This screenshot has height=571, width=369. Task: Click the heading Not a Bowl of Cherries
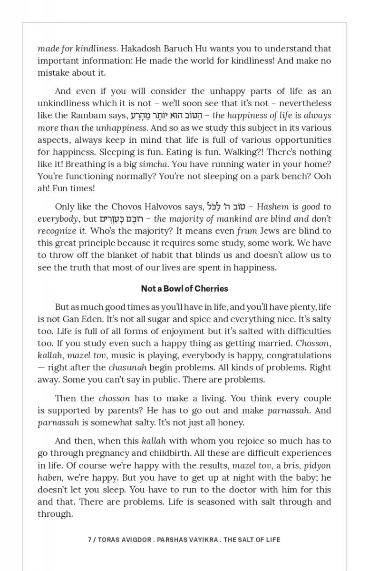(184, 288)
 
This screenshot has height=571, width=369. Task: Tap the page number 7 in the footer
(90, 540)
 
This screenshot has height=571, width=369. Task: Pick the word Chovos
(126, 207)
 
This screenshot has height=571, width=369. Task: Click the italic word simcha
(152, 164)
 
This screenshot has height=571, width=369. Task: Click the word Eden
(96, 319)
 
